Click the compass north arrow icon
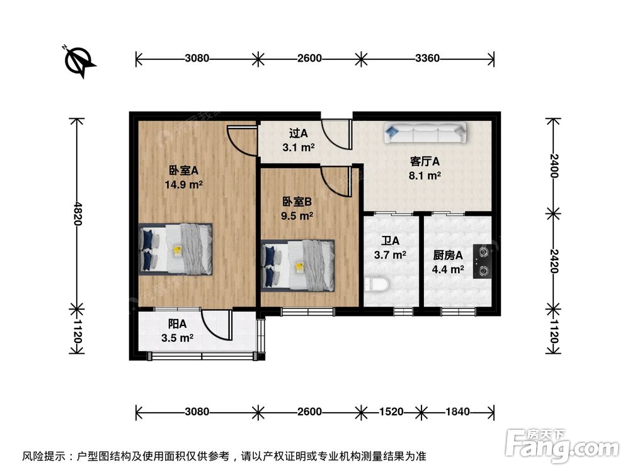pyautogui.click(x=78, y=60)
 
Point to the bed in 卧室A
pyautogui.click(x=176, y=249)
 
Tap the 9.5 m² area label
pyautogui.click(x=297, y=215)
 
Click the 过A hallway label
pyautogui.click(x=298, y=133)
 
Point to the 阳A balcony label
pyautogui.click(x=177, y=324)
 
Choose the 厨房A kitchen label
pyautogui.click(x=448, y=256)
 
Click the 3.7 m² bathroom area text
pyautogui.click(x=391, y=255)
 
